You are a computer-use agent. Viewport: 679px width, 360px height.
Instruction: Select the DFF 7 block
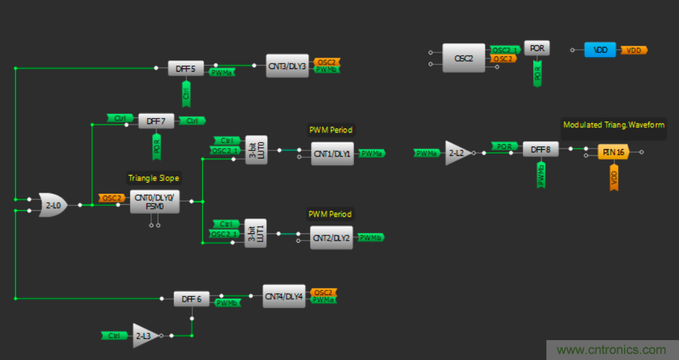[x=156, y=121]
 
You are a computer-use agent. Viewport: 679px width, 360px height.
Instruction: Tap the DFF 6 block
[x=191, y=299]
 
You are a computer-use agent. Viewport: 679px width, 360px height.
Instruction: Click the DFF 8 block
[x=540, y=150]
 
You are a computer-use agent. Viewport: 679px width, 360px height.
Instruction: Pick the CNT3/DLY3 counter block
[x=287, y=66]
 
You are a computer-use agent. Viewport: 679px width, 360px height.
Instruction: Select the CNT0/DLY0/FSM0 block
[x=154, y=202]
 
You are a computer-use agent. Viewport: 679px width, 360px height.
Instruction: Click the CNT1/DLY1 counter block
[x=332, y=153]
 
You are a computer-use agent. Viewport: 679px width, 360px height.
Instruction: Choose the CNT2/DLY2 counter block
[x=332, y=237]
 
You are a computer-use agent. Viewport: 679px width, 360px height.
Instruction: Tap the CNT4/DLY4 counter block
[x=284, y=296]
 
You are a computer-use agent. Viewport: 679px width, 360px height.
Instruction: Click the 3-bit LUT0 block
[x=256, y=150]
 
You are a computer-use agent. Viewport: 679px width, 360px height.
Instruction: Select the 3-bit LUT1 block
[x=255, y=233]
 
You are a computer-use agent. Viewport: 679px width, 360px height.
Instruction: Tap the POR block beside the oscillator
[x=537, y=48]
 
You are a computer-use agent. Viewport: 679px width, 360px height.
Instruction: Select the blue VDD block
[x=600, y=50]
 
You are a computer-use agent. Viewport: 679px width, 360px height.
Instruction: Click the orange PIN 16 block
[x=611, y=152]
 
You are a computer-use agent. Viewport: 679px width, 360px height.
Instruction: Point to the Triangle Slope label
[x=154, y=178]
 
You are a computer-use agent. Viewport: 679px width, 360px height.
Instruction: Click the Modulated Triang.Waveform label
[x=613, y=125]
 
